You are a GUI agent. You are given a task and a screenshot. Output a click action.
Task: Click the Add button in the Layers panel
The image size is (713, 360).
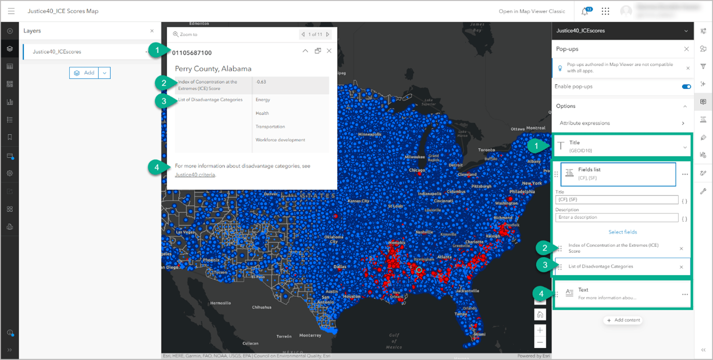coord(84,73)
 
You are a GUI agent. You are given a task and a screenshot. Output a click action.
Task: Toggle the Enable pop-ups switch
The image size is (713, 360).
coord(686,87)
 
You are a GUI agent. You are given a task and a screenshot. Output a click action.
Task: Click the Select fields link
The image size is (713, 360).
coord(622,232)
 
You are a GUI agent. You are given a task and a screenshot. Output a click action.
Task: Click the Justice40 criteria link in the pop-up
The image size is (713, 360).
coord(195,175)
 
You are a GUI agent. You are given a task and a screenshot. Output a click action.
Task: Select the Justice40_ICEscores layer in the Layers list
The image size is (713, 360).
coord(57,51)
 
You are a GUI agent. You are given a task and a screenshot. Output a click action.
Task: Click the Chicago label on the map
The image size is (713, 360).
coord(417,170)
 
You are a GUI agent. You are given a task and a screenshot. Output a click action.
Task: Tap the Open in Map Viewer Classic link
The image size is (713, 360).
coord(532,11)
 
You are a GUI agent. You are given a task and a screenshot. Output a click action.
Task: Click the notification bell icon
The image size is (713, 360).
coord(585,11)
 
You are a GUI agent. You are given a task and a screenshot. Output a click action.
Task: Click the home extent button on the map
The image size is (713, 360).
coord(539,315)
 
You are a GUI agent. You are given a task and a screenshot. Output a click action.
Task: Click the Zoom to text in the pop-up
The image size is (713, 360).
coord(188,34)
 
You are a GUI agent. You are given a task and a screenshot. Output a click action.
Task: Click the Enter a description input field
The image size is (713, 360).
coord(617,217)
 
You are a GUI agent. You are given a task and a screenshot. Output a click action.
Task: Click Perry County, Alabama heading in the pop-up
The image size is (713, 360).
coord(213,69)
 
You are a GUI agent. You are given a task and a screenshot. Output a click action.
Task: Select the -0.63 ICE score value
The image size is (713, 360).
coord(261,82)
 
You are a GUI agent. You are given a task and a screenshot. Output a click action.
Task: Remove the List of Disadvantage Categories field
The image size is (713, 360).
coord(681,267)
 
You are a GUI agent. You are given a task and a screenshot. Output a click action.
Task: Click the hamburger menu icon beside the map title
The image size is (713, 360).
coord(11,11)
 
